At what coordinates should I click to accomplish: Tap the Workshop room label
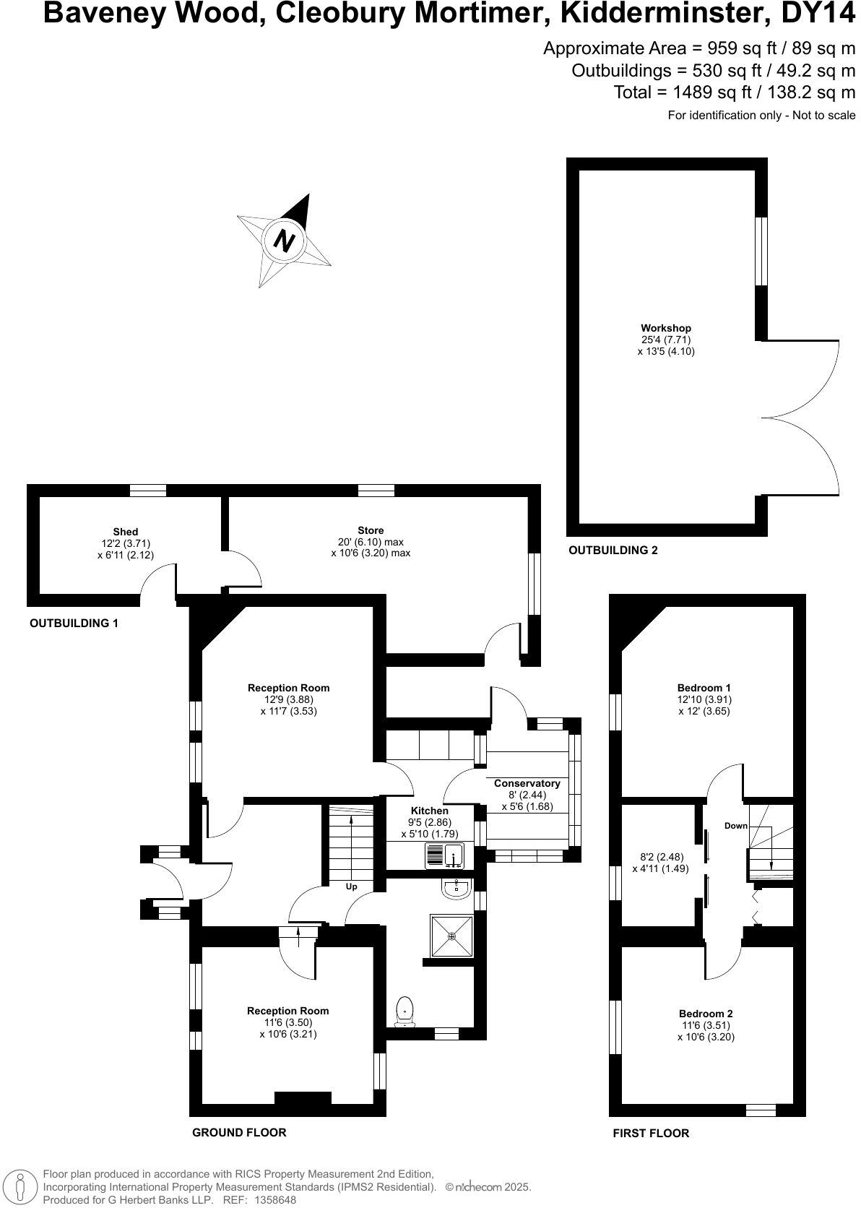coord(665,328)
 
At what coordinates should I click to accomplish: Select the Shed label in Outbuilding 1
coord(125,532)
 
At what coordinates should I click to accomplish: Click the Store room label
coord(371,530)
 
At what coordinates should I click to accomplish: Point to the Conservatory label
coord(527,783)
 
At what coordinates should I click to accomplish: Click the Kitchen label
coord(429,811)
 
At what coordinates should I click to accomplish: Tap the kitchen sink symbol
coord(444,855)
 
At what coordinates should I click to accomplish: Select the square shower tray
coord(452,936)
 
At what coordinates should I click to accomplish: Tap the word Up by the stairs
coord(351,886)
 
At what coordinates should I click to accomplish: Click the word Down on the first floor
coord(735,826)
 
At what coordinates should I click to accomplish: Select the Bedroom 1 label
coord(704,688)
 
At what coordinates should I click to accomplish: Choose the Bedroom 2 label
coord(705,1014)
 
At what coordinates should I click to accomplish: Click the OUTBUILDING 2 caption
coord(613,551)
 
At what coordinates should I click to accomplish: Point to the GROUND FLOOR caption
coord(239,1132)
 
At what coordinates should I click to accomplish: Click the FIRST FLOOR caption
coord(651,1133)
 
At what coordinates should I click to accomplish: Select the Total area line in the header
coord(734,92)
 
